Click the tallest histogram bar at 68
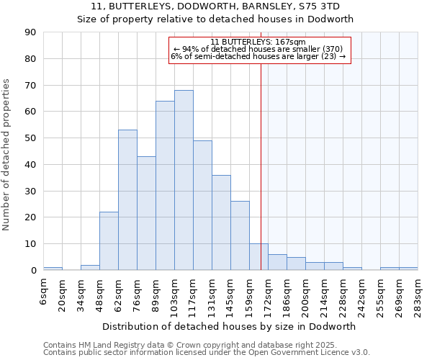pos(184,180)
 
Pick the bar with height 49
pos(202,205)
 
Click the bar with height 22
pos(109,240)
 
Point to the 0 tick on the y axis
pos(33,271)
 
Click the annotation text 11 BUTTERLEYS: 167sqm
pos(258,42)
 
